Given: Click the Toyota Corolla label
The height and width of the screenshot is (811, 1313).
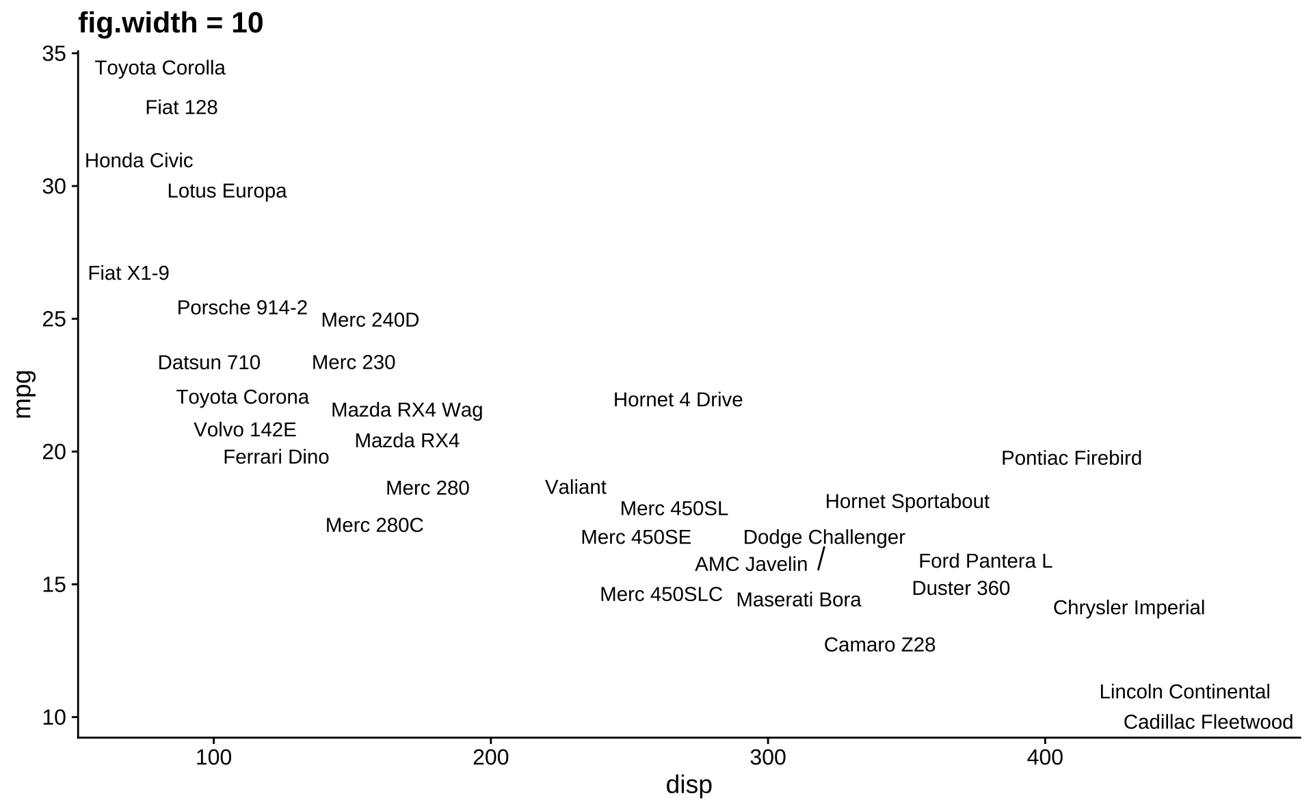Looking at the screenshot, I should click(160, 68).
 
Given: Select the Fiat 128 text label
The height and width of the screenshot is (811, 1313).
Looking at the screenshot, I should click(181, 108).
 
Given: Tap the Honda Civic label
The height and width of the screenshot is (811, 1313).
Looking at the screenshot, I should click(139, 161).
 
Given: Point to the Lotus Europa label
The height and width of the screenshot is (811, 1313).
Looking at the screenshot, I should click(227, 191).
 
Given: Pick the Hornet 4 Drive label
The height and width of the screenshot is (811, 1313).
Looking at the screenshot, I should click(678, 400).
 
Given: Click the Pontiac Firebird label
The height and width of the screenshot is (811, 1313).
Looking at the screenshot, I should click(1071, 458).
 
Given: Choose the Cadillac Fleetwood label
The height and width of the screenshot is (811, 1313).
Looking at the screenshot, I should click(1208, 722).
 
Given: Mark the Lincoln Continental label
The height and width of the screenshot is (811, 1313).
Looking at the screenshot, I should click(1184, 692).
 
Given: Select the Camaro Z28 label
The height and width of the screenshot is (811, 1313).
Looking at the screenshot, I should click(879, 645).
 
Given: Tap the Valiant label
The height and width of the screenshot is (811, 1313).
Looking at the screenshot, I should click(575, 488).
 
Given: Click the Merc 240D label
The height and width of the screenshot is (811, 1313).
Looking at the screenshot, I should click(370, 320).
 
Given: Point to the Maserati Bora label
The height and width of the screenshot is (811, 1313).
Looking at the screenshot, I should click(798, 600).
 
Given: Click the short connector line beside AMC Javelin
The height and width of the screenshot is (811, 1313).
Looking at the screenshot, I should click(821, 559).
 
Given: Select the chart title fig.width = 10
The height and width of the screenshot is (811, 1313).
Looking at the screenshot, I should click(171, 23).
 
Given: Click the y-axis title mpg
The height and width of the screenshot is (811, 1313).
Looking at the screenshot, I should click(23, 395).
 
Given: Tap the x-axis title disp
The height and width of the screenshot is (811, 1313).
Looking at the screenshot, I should click(689, 785).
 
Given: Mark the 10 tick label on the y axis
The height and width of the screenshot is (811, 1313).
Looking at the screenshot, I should click(55, 717).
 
